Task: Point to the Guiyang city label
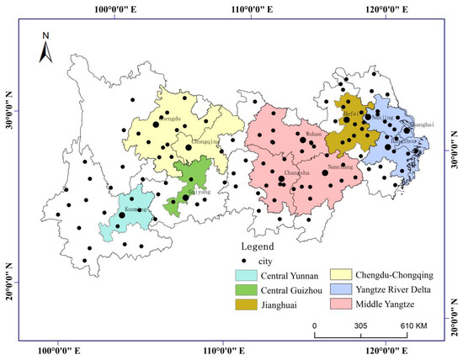196,192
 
